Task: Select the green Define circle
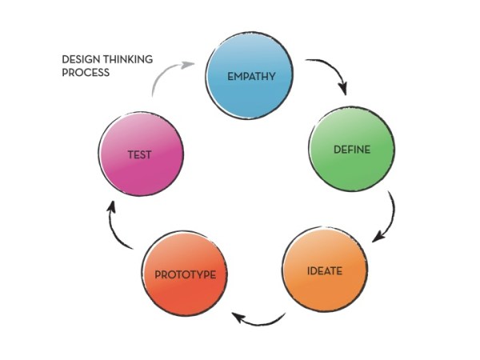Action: [x=351, y=149]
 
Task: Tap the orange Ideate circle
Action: [x=324, y=270]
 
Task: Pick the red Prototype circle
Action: [x=185, y=272]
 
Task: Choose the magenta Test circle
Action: [x=141, y=154]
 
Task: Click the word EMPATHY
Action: [x=251, y=78]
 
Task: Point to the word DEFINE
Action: [x=352, y=150]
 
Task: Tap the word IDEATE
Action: [x=325, y=271]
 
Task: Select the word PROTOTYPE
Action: [x=185, y=274]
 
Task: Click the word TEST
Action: [x=141, y=155]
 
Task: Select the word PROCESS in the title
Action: [x=86, y=72]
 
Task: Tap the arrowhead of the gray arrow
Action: [x=189, y=63]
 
